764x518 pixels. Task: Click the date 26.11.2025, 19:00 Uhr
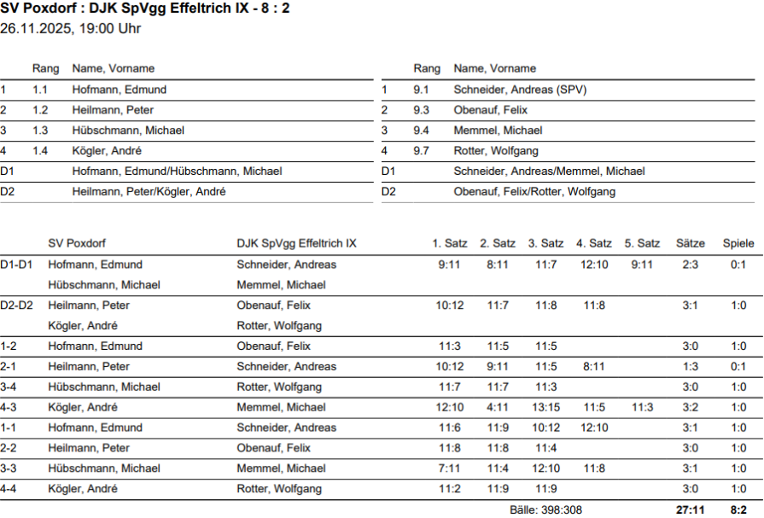(71, 29)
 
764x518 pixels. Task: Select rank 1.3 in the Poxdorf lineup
(40, 131)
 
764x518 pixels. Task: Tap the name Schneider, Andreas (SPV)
(520, 90)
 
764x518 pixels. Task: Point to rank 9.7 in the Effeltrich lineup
(421, 151)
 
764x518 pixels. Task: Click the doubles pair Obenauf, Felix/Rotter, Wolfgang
(534, 192)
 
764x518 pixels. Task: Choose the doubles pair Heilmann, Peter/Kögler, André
(149, 192)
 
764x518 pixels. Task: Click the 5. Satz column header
(642, 243)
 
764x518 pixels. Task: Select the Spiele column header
(738, 243)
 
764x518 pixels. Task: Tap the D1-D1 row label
(16, 265)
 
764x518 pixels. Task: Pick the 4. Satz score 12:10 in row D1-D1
(594, 265)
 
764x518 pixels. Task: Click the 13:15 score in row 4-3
(546, 407)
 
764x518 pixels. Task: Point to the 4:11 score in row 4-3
(498, 407)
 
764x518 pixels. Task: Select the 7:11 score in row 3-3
(450, 469)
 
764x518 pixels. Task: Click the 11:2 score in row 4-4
(450, 489)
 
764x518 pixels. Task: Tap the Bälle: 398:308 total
(545, 509)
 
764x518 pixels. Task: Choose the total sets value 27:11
(690, 509)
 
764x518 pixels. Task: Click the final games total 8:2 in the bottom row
(738, 509)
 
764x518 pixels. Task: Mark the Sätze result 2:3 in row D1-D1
(690, 265)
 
